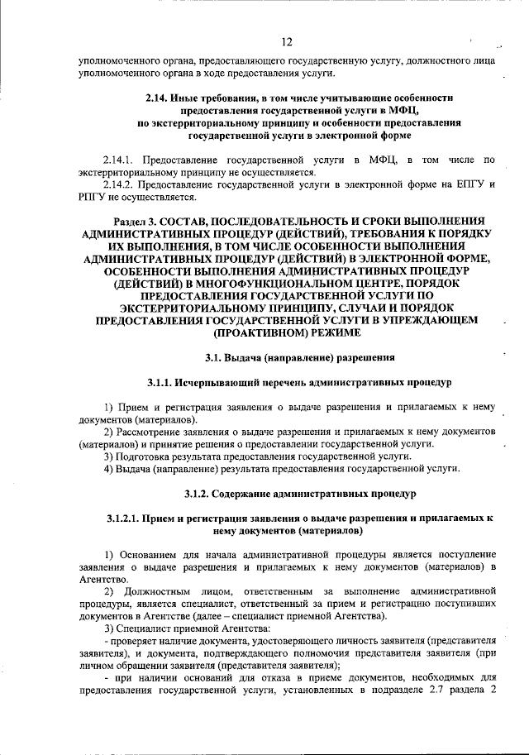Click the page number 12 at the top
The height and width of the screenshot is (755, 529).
(286, 41)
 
